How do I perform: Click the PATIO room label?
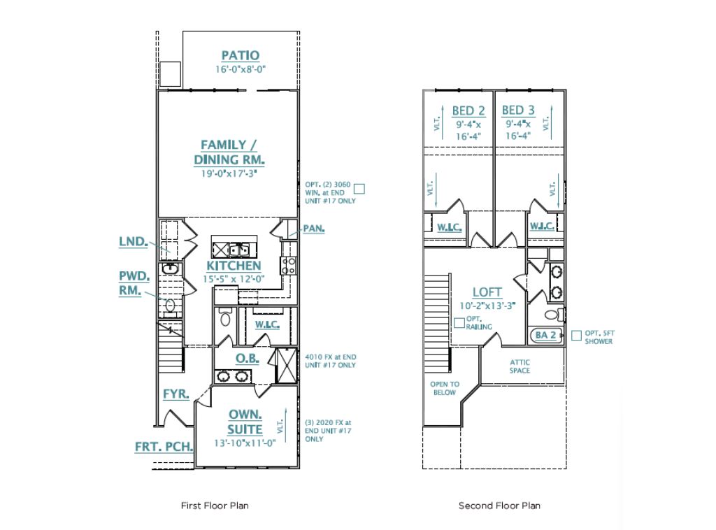click(240, 55)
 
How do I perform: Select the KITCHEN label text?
click(234, 266)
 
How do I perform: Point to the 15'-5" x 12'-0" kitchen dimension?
click(234, 278)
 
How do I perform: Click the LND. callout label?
click(133, 242)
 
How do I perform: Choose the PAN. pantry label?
click(313, 229)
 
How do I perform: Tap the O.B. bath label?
click(247, 359)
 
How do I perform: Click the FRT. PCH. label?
click(164, 446)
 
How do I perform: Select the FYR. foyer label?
click(176, 394)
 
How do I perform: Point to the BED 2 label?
click(468, 110)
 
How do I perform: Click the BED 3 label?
click(518, 110)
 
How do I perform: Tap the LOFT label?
click(487, 292)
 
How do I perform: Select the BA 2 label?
click(545, 336)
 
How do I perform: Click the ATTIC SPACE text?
click(519, 366)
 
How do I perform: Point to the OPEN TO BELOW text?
click(445, 388)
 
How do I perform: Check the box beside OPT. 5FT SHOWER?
click(575, 336)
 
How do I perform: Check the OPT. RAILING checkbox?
click(459, 322)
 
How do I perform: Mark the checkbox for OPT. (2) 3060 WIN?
click(360, 187)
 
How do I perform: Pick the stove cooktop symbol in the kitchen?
click(287, 265)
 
